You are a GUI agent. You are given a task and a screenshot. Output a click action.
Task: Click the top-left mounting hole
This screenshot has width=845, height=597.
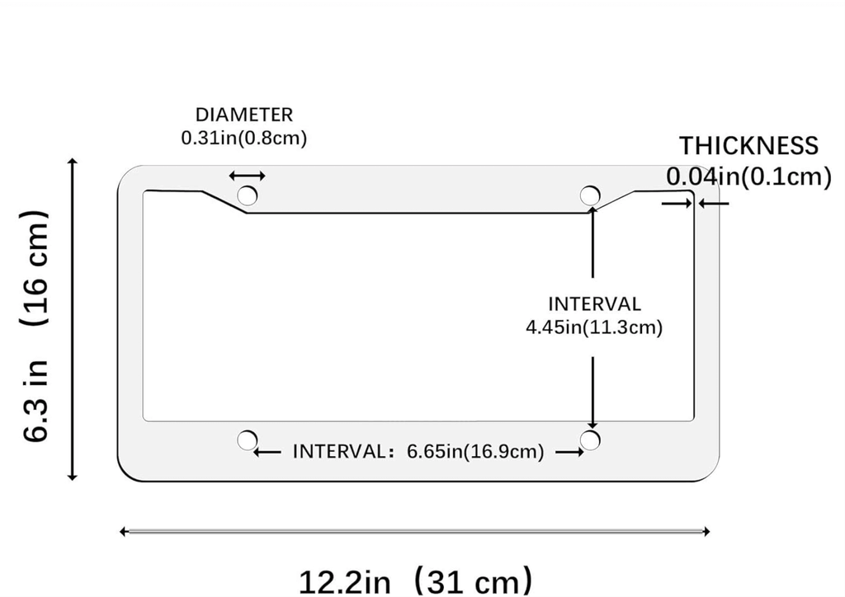(x=247, y=195)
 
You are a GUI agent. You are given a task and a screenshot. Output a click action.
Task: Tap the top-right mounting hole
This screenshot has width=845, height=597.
(x=590, y=195)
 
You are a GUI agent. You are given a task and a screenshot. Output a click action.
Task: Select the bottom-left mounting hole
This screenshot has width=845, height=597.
(x=247, y=440)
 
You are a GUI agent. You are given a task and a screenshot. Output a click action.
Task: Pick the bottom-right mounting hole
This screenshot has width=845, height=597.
(x=590, y=440)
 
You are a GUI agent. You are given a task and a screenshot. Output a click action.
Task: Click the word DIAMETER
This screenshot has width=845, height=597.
(x=244, y=115)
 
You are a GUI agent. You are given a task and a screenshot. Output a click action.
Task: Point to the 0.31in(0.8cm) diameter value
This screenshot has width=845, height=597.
(x=244, y=139)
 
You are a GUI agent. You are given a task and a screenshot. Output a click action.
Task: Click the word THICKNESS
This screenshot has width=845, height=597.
(x=748, y=146)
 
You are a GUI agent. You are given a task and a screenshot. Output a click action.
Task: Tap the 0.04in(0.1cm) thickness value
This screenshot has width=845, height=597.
(x=749, y=176)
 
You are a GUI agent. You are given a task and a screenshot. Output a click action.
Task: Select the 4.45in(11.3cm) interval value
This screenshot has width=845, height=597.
(x=594, y=327)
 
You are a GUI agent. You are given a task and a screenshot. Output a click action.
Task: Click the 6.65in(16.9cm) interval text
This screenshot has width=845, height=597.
(x=475, y=451)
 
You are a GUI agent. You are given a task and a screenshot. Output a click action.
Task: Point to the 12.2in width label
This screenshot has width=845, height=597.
(x=344, y=582)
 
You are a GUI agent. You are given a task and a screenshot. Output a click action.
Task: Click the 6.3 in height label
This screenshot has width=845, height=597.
(x=36, y=401)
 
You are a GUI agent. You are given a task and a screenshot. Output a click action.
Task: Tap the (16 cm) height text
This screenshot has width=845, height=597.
(x=36, y=268)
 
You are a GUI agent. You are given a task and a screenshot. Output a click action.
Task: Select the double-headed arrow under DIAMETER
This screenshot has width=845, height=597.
(x=247, y=176)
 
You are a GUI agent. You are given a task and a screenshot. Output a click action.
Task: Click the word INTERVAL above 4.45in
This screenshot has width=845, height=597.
(x=594, y=304)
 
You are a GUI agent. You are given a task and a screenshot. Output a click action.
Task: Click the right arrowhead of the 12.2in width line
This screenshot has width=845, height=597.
(x=706, y=531)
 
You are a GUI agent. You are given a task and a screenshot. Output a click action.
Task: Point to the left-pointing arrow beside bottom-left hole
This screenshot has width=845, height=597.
(x=267, y=452)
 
